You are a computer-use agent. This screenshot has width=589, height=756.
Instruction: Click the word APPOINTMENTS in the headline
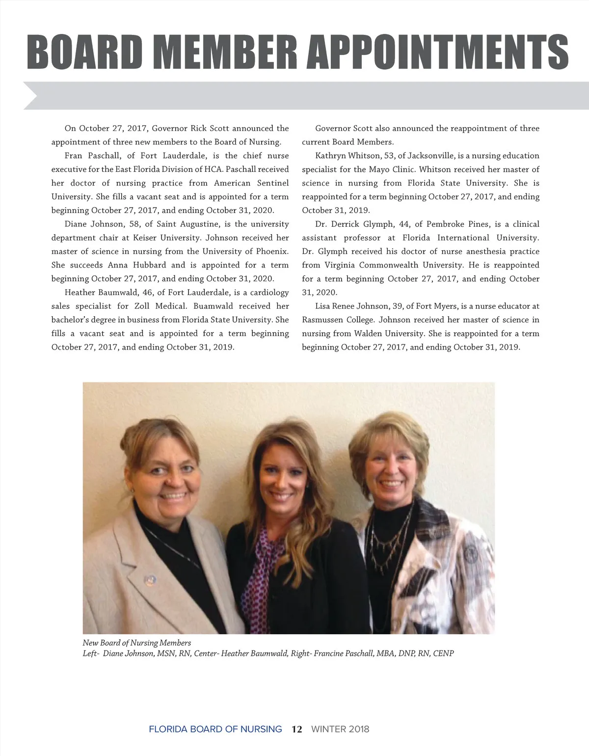[x=437, y=52]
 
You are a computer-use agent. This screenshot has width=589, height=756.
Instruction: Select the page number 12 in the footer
[x=296, y=729]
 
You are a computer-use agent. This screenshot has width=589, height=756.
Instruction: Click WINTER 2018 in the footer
[x=340, y=729]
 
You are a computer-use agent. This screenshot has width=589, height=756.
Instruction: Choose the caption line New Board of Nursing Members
[x=137, y=643]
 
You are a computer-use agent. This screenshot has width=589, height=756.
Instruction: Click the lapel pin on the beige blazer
[x=150, y=580]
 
